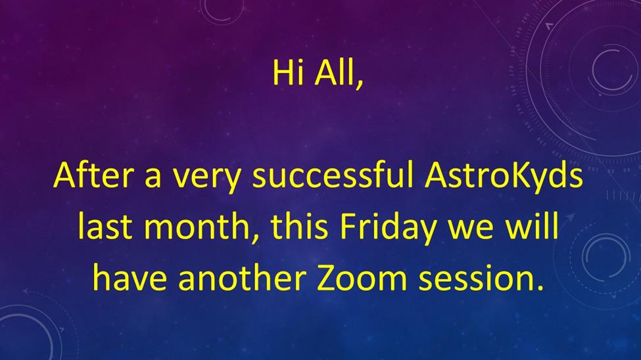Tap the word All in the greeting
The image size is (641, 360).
[333, 73]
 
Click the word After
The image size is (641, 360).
[93, 175]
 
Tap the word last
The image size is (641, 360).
[105, 226]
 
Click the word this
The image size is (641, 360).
[299, 226]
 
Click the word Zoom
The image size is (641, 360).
[362, 278]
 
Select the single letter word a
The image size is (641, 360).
[153, 179]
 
